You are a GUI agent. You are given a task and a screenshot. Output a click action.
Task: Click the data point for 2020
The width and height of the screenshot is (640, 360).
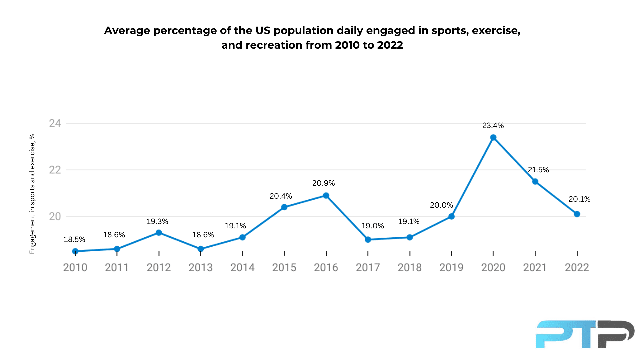pos(493,138)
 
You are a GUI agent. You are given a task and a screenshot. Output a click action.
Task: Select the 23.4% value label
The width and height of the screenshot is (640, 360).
pos(493,126)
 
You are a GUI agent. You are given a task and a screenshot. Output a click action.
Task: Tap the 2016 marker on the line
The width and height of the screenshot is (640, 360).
pos(326,196)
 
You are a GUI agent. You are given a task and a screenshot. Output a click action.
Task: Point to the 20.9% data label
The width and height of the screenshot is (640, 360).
pos(323,183)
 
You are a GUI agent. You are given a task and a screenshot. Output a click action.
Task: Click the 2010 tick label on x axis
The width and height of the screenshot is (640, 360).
pos(75,267)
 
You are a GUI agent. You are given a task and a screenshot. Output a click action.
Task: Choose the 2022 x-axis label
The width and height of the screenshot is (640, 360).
pos(577,267)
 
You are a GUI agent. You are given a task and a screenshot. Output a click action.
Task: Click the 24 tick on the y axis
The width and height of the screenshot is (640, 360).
pos(55,123)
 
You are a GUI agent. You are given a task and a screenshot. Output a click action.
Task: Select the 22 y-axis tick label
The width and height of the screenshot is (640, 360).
pos(55,170)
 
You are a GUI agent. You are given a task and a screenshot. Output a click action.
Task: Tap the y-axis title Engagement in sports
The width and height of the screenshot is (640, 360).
pos(32,194)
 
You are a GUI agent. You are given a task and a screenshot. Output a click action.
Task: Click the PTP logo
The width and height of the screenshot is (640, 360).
pos(585,334)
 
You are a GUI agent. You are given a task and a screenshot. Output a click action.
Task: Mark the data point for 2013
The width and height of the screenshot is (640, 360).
pos(201,249)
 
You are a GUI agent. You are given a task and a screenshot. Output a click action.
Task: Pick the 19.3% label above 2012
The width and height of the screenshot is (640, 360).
pos(157,222)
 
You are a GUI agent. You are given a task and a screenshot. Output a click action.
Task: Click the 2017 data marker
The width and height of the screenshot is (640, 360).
pos(368,239)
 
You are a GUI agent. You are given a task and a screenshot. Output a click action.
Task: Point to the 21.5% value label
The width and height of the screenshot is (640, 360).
pos(538,170)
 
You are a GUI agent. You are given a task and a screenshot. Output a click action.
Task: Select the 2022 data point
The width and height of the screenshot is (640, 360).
pos(577,214)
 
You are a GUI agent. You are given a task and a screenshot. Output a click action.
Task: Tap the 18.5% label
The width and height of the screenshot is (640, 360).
pos(74,240)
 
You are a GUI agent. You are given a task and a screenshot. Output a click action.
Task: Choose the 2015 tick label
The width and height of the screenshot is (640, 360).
pos(284,267)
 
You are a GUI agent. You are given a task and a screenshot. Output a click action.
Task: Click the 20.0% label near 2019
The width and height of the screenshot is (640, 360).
pos(441,205)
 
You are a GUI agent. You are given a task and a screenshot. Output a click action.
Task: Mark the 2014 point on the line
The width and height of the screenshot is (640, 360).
pos(243,237)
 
